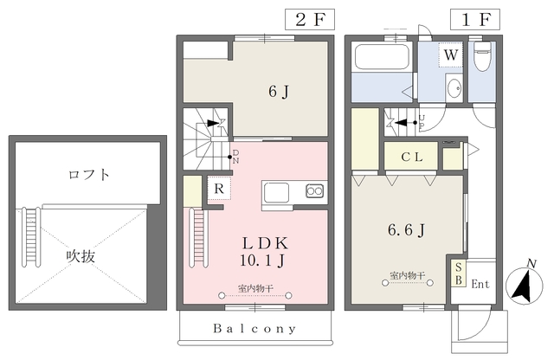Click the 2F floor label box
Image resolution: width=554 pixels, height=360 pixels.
tap(310, 19)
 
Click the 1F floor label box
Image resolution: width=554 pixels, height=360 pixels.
tap(475, 19)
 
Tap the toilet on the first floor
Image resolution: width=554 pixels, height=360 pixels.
tap(482, 56)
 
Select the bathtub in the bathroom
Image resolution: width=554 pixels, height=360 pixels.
tap(382, 57)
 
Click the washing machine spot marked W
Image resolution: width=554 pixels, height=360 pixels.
tap(450, 55)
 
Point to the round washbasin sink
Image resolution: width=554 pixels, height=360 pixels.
tap(454, 88)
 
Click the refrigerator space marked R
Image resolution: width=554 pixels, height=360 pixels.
tap(219, 189)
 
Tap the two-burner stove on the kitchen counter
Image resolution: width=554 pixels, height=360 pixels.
tap(314, 191)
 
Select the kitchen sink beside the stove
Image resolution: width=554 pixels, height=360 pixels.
tap(277, 192)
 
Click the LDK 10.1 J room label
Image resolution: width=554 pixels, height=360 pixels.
tap(264, 252)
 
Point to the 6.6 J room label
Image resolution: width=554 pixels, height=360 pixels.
tap(406, 230)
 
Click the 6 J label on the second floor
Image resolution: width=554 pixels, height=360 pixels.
tap(279, 92)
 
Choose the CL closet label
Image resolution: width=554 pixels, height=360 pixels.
tap(412, 157)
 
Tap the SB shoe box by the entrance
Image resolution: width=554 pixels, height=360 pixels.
tap(459, 273)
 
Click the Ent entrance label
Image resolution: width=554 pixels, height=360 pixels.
tap(480, 284)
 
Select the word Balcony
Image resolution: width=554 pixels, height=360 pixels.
tap(254, 329)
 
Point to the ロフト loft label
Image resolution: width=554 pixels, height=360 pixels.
tap(88, 175)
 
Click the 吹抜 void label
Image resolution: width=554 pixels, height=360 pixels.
tap(81, 256)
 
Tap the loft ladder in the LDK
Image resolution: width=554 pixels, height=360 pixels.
tap(197, 238)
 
